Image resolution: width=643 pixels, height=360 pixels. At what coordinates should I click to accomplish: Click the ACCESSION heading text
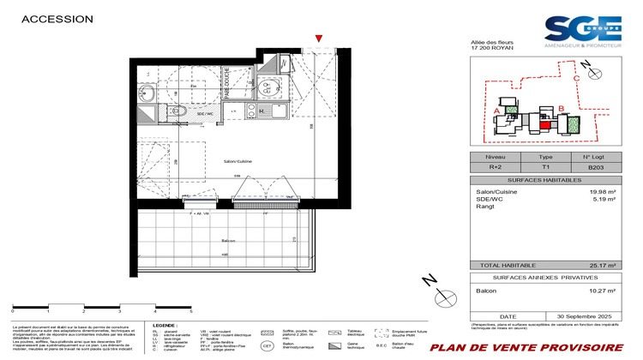pyautogui.click(x=57, y=18)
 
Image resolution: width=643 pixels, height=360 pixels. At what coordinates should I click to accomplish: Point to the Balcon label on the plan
pyautogui.click(x=226, y=242)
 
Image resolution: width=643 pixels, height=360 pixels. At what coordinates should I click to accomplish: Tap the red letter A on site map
pyautogui.click(x=498, y=110)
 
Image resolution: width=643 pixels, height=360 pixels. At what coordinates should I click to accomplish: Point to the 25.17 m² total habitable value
pyautogui.click(x=604, y=267)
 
